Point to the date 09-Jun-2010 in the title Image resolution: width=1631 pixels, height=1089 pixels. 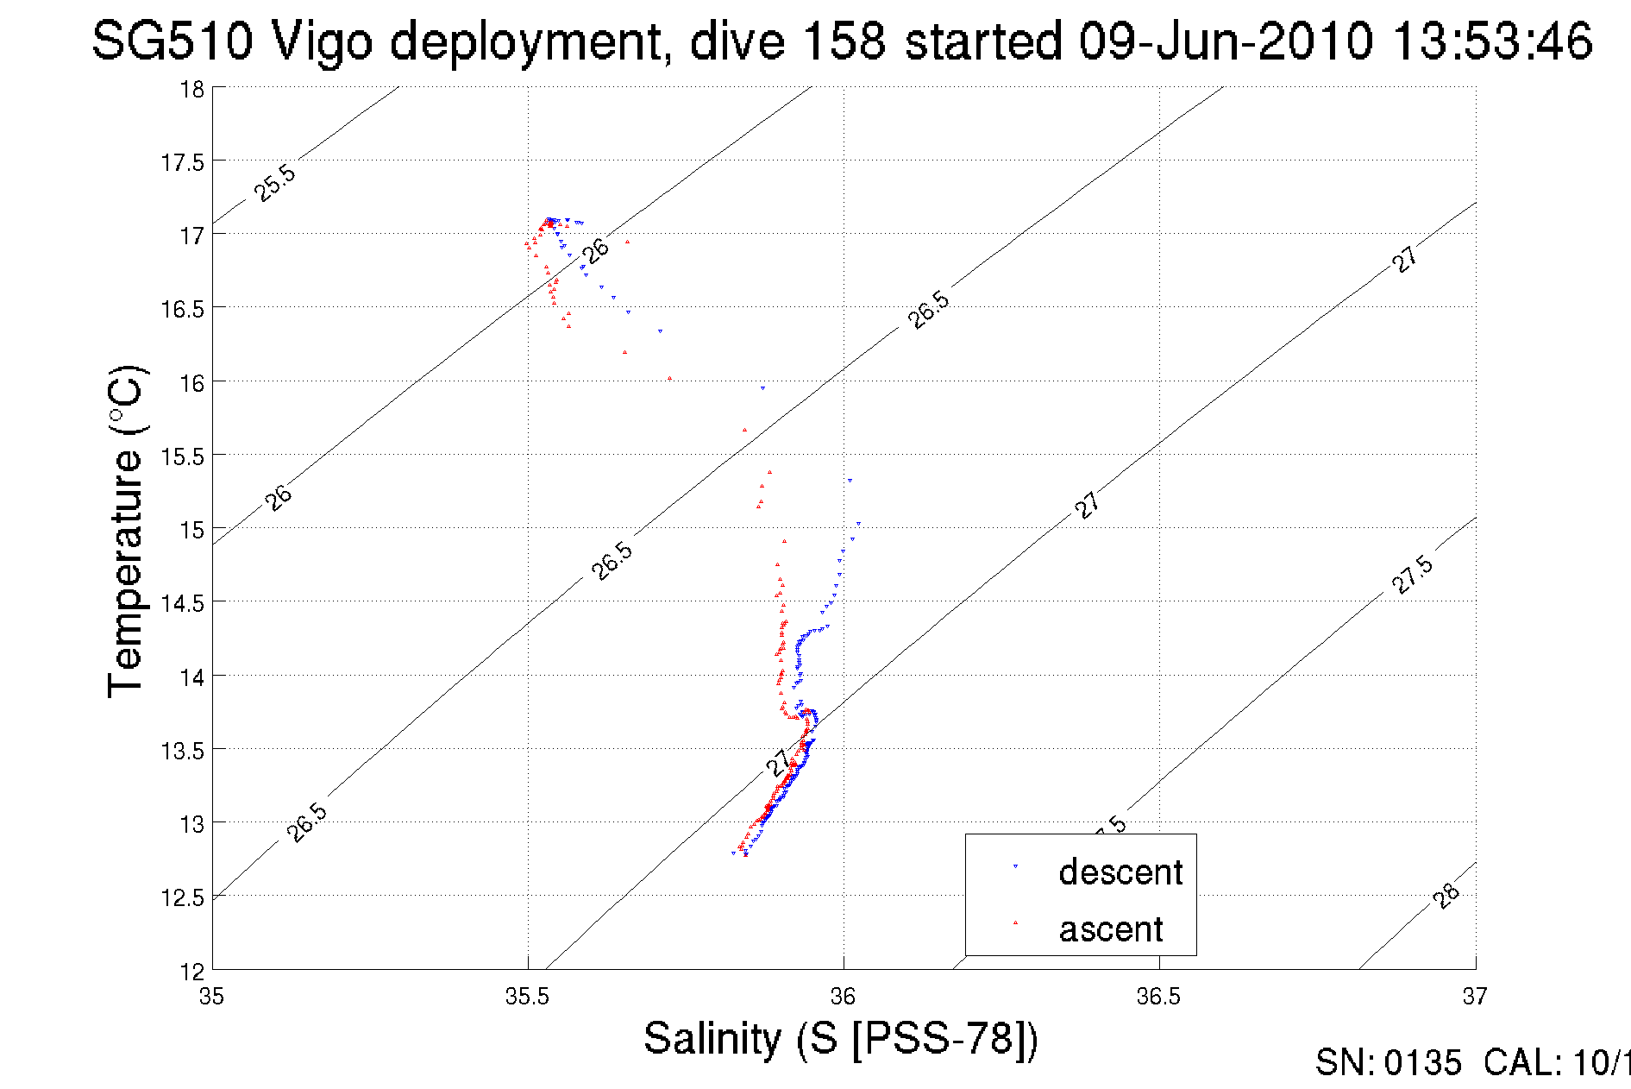[x=1226, y=41]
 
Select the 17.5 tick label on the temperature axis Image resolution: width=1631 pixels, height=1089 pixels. [x=182, y=162]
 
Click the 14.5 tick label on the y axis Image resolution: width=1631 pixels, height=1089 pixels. [x=182, y=603]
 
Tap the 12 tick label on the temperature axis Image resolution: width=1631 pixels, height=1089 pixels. [x=191, y=972]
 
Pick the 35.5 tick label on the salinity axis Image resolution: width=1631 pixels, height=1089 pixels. [x=527, y=997]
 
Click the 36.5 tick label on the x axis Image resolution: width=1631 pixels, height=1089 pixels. [x=1158, y=997]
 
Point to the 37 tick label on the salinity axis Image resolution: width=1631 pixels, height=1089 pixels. [x=1475, y=997]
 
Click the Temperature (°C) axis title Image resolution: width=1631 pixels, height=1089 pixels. [x=126, y=532]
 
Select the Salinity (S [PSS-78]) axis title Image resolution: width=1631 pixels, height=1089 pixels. [x=841, y=1038]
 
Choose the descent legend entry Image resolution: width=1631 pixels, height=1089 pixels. [x=1120, y=872]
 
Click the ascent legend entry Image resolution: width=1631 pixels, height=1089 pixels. [x=1111, y=929]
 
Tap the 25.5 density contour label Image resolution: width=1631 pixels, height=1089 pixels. [x=275, y=183]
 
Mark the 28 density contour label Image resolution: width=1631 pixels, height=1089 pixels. [x=1446, y=896]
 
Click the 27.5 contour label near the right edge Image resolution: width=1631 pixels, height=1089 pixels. [x=1413, y=575]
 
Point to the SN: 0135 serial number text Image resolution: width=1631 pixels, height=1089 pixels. [x=1388, y=1063]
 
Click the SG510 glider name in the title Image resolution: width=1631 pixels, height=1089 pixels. [x=173, y=41]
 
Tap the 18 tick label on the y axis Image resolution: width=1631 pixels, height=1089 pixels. [x=191, y=89]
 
